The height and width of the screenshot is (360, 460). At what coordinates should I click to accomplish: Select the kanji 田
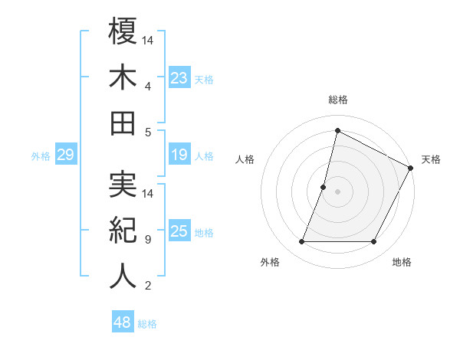tap(123, 123)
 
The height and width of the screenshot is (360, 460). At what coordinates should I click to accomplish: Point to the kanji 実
tap(123, 185)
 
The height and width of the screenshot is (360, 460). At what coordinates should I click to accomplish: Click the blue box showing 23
tap(179, 77)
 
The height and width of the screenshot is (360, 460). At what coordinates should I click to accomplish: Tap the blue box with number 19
tap(179, 155)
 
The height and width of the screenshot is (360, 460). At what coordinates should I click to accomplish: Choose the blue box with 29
tap(65, 155)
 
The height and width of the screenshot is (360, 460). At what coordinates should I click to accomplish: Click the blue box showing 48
tap(122, 323)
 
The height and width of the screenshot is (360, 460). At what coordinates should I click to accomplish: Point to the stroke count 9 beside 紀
tap(147, 240)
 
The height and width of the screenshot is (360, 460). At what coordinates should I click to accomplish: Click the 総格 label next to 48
tap(147, 324)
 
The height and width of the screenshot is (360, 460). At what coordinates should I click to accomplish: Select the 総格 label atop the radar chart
tap(337, 100)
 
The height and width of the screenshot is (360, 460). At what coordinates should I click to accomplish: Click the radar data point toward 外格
tap(301, 242)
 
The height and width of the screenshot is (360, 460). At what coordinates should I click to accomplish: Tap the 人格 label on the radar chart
tap(245, 159)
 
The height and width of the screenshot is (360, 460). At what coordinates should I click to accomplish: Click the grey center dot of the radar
tap(337, 191)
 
